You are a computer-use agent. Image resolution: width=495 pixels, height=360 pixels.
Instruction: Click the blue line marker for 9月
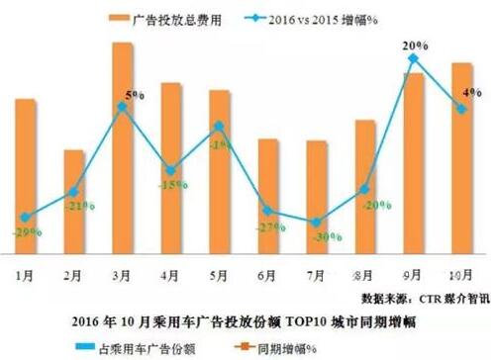click(x=413, y=58)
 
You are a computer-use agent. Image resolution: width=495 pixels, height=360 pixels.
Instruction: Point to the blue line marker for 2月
click(x=74, y=191)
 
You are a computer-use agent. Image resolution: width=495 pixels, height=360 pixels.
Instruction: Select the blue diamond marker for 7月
click(x=316, y=223)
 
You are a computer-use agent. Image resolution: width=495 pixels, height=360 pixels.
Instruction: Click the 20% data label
click(x=414, y=44)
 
